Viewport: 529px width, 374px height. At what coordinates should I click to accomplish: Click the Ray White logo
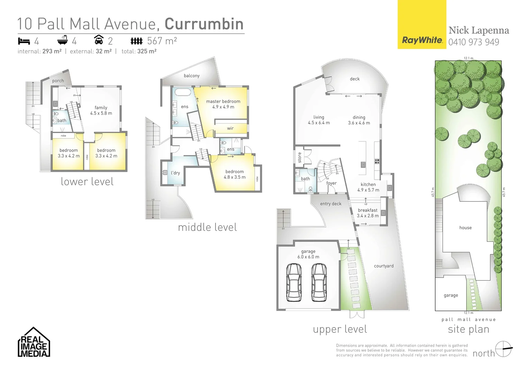point(421,40)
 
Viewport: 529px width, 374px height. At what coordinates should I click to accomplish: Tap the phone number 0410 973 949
point(473,42)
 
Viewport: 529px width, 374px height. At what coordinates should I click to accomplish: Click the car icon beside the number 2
point(99,40)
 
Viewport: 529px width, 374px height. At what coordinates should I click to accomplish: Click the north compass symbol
point(503,349)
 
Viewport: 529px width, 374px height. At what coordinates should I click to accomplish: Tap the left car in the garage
point(294,282)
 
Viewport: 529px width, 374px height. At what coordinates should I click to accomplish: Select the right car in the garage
point(318,282)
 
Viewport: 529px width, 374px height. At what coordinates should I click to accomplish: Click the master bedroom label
point(223,101)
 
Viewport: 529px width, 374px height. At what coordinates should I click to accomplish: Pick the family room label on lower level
point(101,108)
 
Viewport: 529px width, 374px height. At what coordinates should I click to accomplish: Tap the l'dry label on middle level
point(175,173)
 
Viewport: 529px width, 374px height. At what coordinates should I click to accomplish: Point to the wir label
point(230,128)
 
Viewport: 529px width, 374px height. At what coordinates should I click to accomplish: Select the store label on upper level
point(300,158)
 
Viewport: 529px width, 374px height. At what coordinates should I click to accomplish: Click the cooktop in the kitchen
point(377,161)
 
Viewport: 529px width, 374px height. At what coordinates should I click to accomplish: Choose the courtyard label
point(384,266)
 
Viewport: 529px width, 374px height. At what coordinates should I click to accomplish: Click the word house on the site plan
point(465,228)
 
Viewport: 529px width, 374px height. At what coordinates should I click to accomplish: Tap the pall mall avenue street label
point(468,320)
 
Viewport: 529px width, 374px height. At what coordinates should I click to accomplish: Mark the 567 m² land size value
point(162,41)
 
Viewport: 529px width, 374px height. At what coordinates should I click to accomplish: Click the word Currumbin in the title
point(204,24)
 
